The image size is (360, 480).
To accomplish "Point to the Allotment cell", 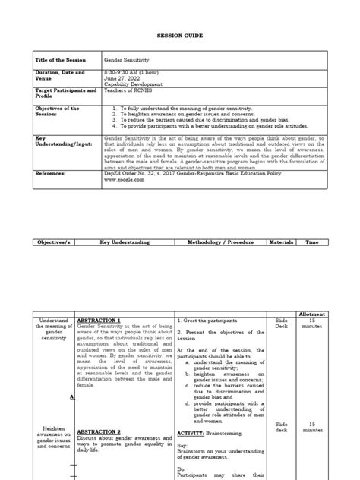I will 312,313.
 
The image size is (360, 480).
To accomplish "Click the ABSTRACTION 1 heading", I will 99,321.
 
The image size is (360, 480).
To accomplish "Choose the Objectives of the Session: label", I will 58,112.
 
